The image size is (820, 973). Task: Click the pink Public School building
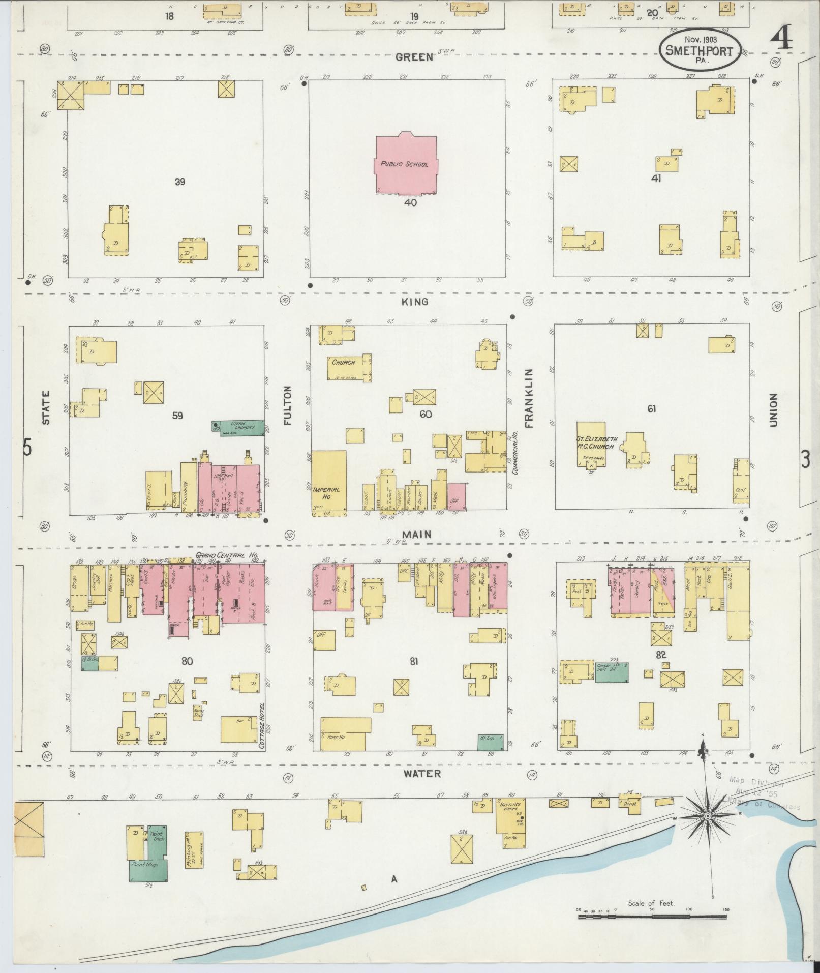coord(406,164)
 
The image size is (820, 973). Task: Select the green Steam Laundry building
coord(238,428)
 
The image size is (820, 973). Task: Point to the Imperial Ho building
coord(328,481)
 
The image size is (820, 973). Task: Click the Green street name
coord(414,57)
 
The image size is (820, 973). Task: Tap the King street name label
coord(415,302)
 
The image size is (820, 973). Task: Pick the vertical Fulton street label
coord(287,405)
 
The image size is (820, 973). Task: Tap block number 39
coord(179,182)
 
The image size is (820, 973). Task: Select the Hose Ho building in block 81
coord(343,733)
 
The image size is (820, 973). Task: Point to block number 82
coord(660,655)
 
